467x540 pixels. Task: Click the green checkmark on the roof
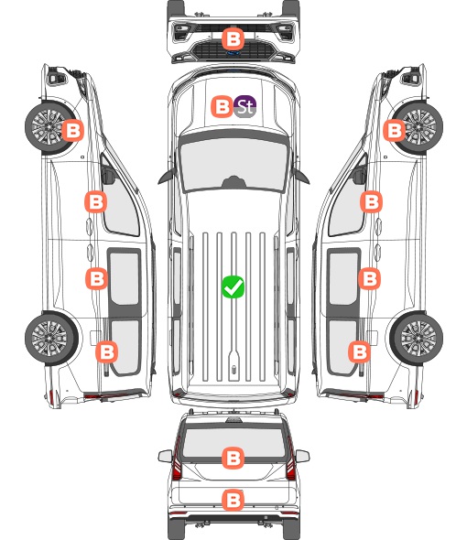[233, 286]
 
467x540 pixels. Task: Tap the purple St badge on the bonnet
[245, 106]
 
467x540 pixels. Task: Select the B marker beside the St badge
[222, 106]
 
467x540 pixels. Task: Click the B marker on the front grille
[233, 38]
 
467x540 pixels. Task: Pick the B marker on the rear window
[233, 458]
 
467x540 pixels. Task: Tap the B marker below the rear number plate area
[233, 500]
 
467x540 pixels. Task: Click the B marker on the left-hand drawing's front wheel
[72, 130]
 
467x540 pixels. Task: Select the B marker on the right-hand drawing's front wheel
[395, 130]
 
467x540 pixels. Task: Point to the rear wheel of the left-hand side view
[51, 339]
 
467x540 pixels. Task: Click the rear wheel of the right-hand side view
[417, 339]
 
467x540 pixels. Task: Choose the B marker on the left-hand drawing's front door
[96, 201]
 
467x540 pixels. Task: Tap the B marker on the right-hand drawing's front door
[371, 201]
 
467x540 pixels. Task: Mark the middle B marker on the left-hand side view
[96, 278]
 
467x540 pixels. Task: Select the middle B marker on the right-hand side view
[369, 278]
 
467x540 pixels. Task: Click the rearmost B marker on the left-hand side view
[106, 352]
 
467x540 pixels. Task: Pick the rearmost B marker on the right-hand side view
[360, 352]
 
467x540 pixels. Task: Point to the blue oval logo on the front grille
[233, 53]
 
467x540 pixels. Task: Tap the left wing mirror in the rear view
[165, 456]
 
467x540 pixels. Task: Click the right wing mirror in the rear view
[302, 456]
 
